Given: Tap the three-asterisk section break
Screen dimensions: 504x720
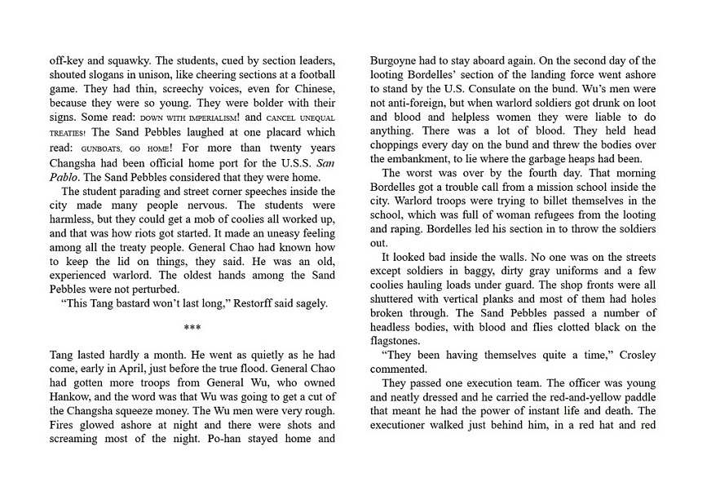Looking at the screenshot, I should (x=192, y=329).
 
